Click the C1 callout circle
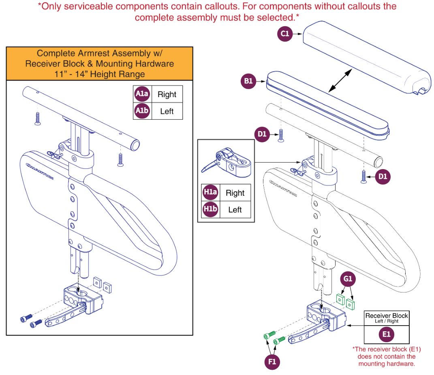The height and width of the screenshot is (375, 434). click(285, 34)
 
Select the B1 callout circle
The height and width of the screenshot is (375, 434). click(248, 81)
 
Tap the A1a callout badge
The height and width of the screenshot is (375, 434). click(142, 94)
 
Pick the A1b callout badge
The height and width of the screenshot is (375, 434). click(142, 111)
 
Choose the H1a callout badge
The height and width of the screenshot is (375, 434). click(210, 193)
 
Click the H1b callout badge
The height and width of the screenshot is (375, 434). click(210, 210)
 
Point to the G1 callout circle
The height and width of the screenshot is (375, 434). click(347, 279)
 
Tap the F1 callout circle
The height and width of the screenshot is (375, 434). click(272, 362)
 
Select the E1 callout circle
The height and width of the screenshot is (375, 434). click(387, 334)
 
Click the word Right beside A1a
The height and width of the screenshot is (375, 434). click(167, 95)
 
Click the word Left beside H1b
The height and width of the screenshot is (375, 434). click(235, 210)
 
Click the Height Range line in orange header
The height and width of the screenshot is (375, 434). click(99, 74)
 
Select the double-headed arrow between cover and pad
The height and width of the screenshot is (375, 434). click(340, 80)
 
